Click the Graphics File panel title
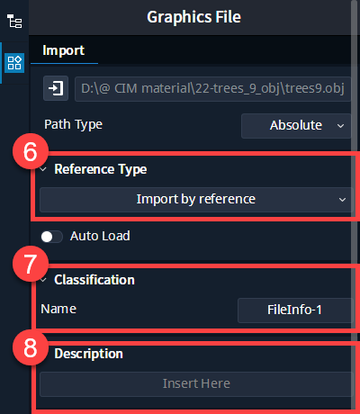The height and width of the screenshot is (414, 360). (x=193, y=17)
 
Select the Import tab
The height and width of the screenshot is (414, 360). (x=64, y=50)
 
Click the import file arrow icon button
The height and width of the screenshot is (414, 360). (x=56, y=88)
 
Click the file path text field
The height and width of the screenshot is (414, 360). (x=212, y=89)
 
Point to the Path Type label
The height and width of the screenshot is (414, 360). (x=73, y=124)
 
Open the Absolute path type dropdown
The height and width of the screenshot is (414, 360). (x=296, y=126)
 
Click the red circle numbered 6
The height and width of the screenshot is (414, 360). (x=31, y=151)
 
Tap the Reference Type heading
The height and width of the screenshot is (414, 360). (x=101, y=169)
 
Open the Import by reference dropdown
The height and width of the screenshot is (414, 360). (x=196, y=200)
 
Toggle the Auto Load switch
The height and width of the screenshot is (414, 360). (x=51, y=237)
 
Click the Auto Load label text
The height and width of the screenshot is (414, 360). (x=100, y=236)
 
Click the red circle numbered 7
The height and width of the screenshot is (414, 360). (x=31, y=264)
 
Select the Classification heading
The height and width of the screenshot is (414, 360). (x=94, y=280)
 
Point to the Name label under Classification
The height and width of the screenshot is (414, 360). (x=58, y=309)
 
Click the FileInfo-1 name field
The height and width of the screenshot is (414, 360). (x=295, y=310)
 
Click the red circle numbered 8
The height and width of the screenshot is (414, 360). (x=31, y=347)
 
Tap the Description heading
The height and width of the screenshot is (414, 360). (x=89, y=354)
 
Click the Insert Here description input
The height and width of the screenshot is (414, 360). (x=196, y=384)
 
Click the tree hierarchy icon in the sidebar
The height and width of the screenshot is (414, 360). (x=14, y=22)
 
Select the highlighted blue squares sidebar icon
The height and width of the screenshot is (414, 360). (x=14, y=63)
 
